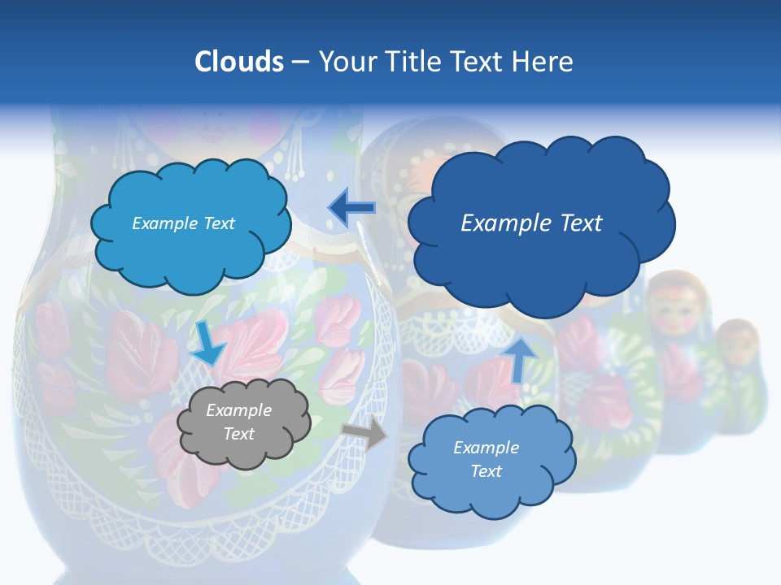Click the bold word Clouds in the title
coord(239,62)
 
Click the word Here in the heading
coord(543,62)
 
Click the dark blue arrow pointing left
coord(351,208)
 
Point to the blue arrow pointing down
coord(207,344)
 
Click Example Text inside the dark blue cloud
coord(531,223)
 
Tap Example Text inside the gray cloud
coord(239,422)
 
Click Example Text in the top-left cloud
coord(183,223)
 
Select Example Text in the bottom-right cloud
coord(486,459)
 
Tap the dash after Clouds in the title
coord(300,63)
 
